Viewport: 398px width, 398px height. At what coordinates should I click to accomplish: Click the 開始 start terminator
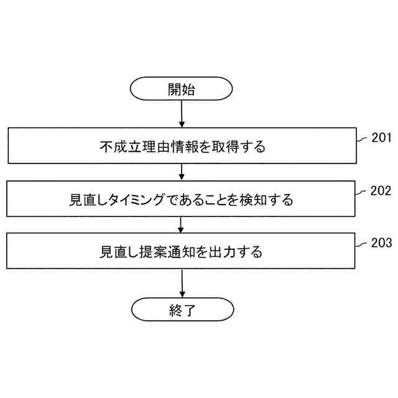[x=182, y=90]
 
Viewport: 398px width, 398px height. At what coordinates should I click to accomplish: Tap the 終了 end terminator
[x=182, y=310]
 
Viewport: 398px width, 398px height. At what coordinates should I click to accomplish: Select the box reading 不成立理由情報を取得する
[x=182, y=147]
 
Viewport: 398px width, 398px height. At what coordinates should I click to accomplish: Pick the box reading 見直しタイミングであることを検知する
[x=182, y=199]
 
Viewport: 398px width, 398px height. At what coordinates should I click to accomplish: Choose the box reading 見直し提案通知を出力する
[x=182, y=252]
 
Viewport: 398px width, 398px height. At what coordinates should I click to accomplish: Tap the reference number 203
[x=381, y=243]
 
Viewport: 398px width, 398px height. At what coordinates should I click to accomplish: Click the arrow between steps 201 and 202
[x=182, y=172]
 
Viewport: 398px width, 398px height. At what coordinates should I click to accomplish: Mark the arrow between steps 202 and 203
[x=182, y=224]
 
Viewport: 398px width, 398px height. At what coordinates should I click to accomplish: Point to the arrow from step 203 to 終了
[x=182, y=283]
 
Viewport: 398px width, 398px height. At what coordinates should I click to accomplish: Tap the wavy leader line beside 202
[x=363, y=193]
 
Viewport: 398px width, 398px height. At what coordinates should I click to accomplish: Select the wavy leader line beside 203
[x=363, y=244]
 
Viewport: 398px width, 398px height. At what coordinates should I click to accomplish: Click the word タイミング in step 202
[x=137, y=200]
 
